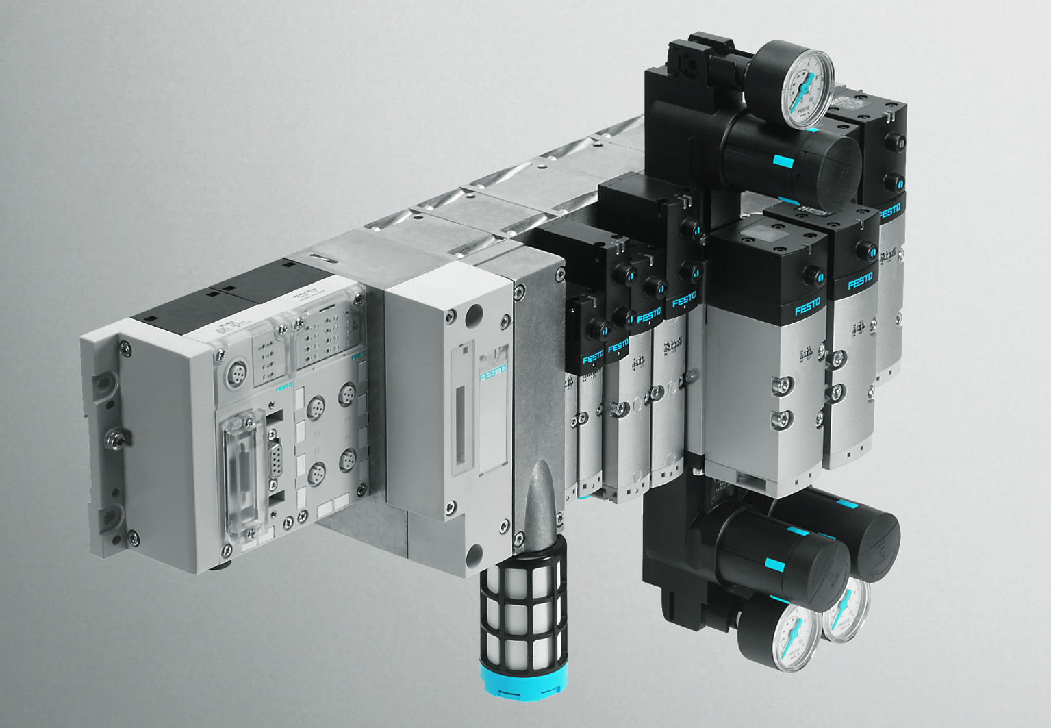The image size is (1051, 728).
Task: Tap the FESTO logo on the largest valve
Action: coord(807,306)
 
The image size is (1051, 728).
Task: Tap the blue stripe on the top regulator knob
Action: coord(782,162)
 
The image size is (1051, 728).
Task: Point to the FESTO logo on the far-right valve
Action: coord(889,211)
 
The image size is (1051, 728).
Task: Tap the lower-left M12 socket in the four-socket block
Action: coord(317,473)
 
